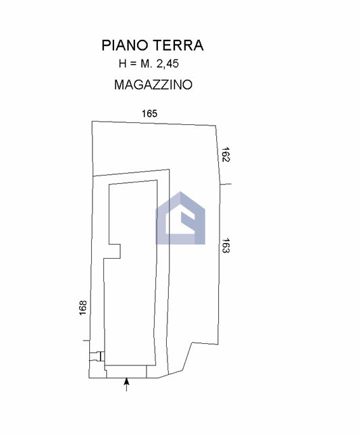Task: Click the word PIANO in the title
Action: [x=124, y=45]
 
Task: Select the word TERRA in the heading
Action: [x=179, y=45]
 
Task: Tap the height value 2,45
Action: [x=168, y=63]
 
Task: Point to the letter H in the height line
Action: [x=122, y=63]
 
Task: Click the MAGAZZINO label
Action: [x=153, y=84]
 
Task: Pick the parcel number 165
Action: [x=149, y=113]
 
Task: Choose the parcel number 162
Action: [x=226, y=155]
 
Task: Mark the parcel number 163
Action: [x=226, y=245]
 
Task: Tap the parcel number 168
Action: [x=83, y=307]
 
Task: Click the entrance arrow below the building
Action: [x=126, y=384]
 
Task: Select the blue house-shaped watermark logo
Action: [x=180, y=218]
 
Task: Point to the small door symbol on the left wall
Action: [x=97, y=356]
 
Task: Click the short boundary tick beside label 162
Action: [x=226, y=184]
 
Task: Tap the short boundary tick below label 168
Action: [x=86, y=340]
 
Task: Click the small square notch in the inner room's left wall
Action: [x=115, y=251]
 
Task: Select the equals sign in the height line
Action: [x=133, y=64]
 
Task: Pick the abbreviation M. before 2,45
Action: [x=147, y=63]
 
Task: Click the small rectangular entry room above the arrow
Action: [x=126, y=372]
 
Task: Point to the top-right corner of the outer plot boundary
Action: [x=216, y=126]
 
